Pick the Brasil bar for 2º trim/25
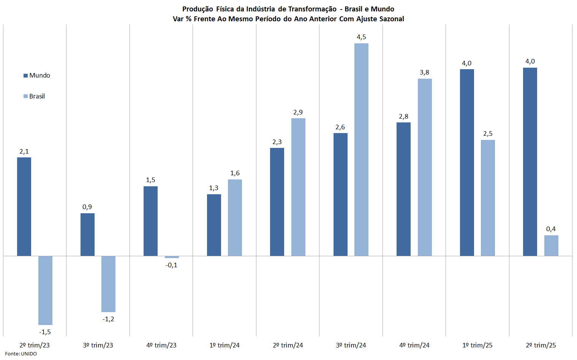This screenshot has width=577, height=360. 551,246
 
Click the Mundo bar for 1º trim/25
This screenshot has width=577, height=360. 467,162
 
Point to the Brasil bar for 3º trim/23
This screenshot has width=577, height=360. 108,284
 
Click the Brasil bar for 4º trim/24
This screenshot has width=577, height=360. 425,167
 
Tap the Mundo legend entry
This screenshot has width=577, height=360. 37,75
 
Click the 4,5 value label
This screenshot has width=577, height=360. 361,37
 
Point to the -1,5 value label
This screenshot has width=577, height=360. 45,332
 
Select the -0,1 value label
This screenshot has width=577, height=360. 171,265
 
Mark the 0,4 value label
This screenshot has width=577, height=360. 551,229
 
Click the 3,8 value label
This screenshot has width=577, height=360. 424,72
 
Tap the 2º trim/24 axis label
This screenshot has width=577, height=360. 288,345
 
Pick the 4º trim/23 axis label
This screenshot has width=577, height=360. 161,345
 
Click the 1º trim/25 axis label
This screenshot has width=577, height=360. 477,345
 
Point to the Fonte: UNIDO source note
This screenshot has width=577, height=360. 21,354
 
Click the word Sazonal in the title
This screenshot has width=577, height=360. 392,19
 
